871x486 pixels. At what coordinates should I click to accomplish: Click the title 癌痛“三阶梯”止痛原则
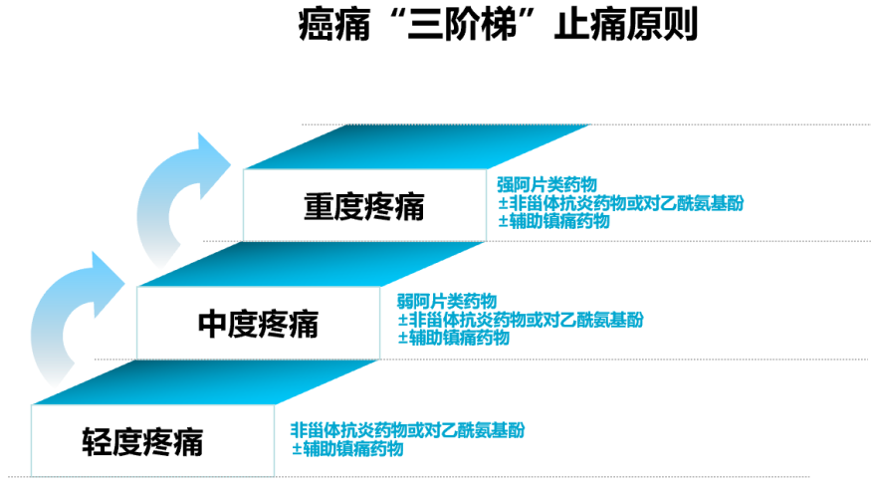[x=498, y=25]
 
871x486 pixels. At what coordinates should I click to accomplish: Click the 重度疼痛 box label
[x=364, y=206]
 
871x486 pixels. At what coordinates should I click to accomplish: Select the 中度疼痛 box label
[x=258, y=325]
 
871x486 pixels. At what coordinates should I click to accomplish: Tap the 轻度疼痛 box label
[x=142, y=442]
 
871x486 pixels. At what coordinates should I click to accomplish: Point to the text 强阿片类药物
[x=547, y=184]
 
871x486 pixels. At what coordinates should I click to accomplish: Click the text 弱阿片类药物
[x=447, y=302]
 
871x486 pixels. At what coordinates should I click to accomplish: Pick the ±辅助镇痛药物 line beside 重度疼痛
[x=553, y=221]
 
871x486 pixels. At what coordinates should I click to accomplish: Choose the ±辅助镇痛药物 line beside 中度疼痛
[x=454, y=338]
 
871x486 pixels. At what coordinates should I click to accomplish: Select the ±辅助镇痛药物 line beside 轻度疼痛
[x=347, y=449]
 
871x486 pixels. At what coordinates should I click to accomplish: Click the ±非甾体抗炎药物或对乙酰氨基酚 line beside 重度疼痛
[x=620, y=203]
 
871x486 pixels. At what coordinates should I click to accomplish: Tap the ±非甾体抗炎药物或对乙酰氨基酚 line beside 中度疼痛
[x=521, y=320]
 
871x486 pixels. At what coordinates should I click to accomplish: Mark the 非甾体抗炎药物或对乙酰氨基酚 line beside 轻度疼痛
[x=407, y=430]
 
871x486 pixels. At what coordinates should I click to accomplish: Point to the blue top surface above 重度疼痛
[x=417, y=146]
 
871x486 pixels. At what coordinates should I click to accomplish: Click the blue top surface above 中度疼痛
[x=311, y=264]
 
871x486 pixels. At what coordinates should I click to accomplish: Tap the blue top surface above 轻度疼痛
[x=205, y=382]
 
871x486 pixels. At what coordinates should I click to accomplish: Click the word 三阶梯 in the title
[x=462, y=26]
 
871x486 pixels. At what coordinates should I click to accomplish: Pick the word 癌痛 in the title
[x=334, y=26]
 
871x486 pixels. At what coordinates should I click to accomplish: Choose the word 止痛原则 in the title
[x=626, y=25]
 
